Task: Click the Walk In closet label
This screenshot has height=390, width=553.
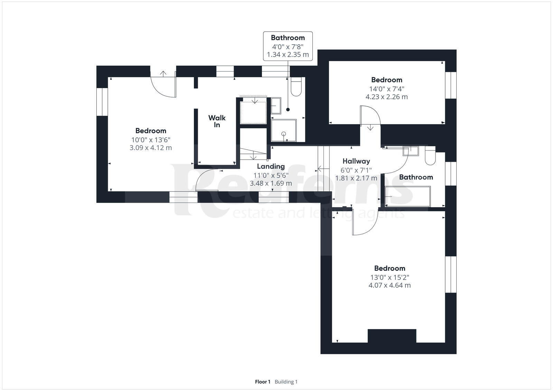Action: [217, 121]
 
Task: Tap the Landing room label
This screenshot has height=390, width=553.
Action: [271, 167]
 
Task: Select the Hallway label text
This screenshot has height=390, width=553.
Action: [356, 161]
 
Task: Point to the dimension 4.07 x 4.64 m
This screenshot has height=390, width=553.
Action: [390, 286]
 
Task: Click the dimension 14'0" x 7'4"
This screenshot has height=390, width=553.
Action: [386, 89]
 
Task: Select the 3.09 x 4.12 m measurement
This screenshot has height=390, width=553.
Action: [151, 148]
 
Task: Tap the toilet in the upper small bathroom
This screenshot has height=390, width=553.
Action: [296, 86]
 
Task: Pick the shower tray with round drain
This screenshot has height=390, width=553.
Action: [284, 131]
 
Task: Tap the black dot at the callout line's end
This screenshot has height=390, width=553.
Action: [288, 110]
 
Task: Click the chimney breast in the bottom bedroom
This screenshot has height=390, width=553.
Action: [392, 336]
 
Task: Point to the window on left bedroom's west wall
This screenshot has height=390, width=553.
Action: [102, 102]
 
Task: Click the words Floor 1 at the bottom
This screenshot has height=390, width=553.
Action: [262, 382]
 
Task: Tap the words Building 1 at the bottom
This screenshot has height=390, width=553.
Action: [286, 382]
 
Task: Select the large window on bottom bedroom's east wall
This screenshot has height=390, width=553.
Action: [450, 275]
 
